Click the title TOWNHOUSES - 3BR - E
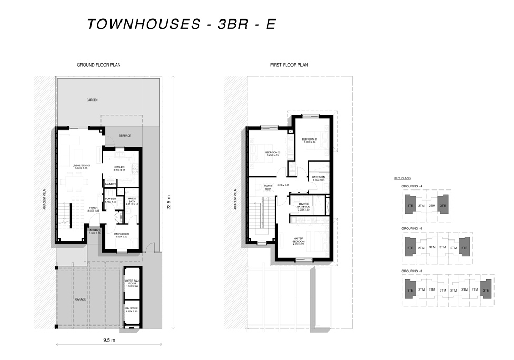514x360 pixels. tap(181, 24)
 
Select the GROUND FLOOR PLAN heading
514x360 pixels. tap(99, 65)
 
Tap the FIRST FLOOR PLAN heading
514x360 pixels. tap(289, 65)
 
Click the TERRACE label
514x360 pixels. tap(125, 136)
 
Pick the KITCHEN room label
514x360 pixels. tap(119, 168)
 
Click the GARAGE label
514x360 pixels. tap(80, 299)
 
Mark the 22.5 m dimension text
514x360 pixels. tap(169, 203)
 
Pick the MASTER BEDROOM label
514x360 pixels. tap(302, 241)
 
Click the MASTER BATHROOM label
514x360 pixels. tap(304, 206)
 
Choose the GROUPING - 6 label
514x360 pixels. tap(412, 229)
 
